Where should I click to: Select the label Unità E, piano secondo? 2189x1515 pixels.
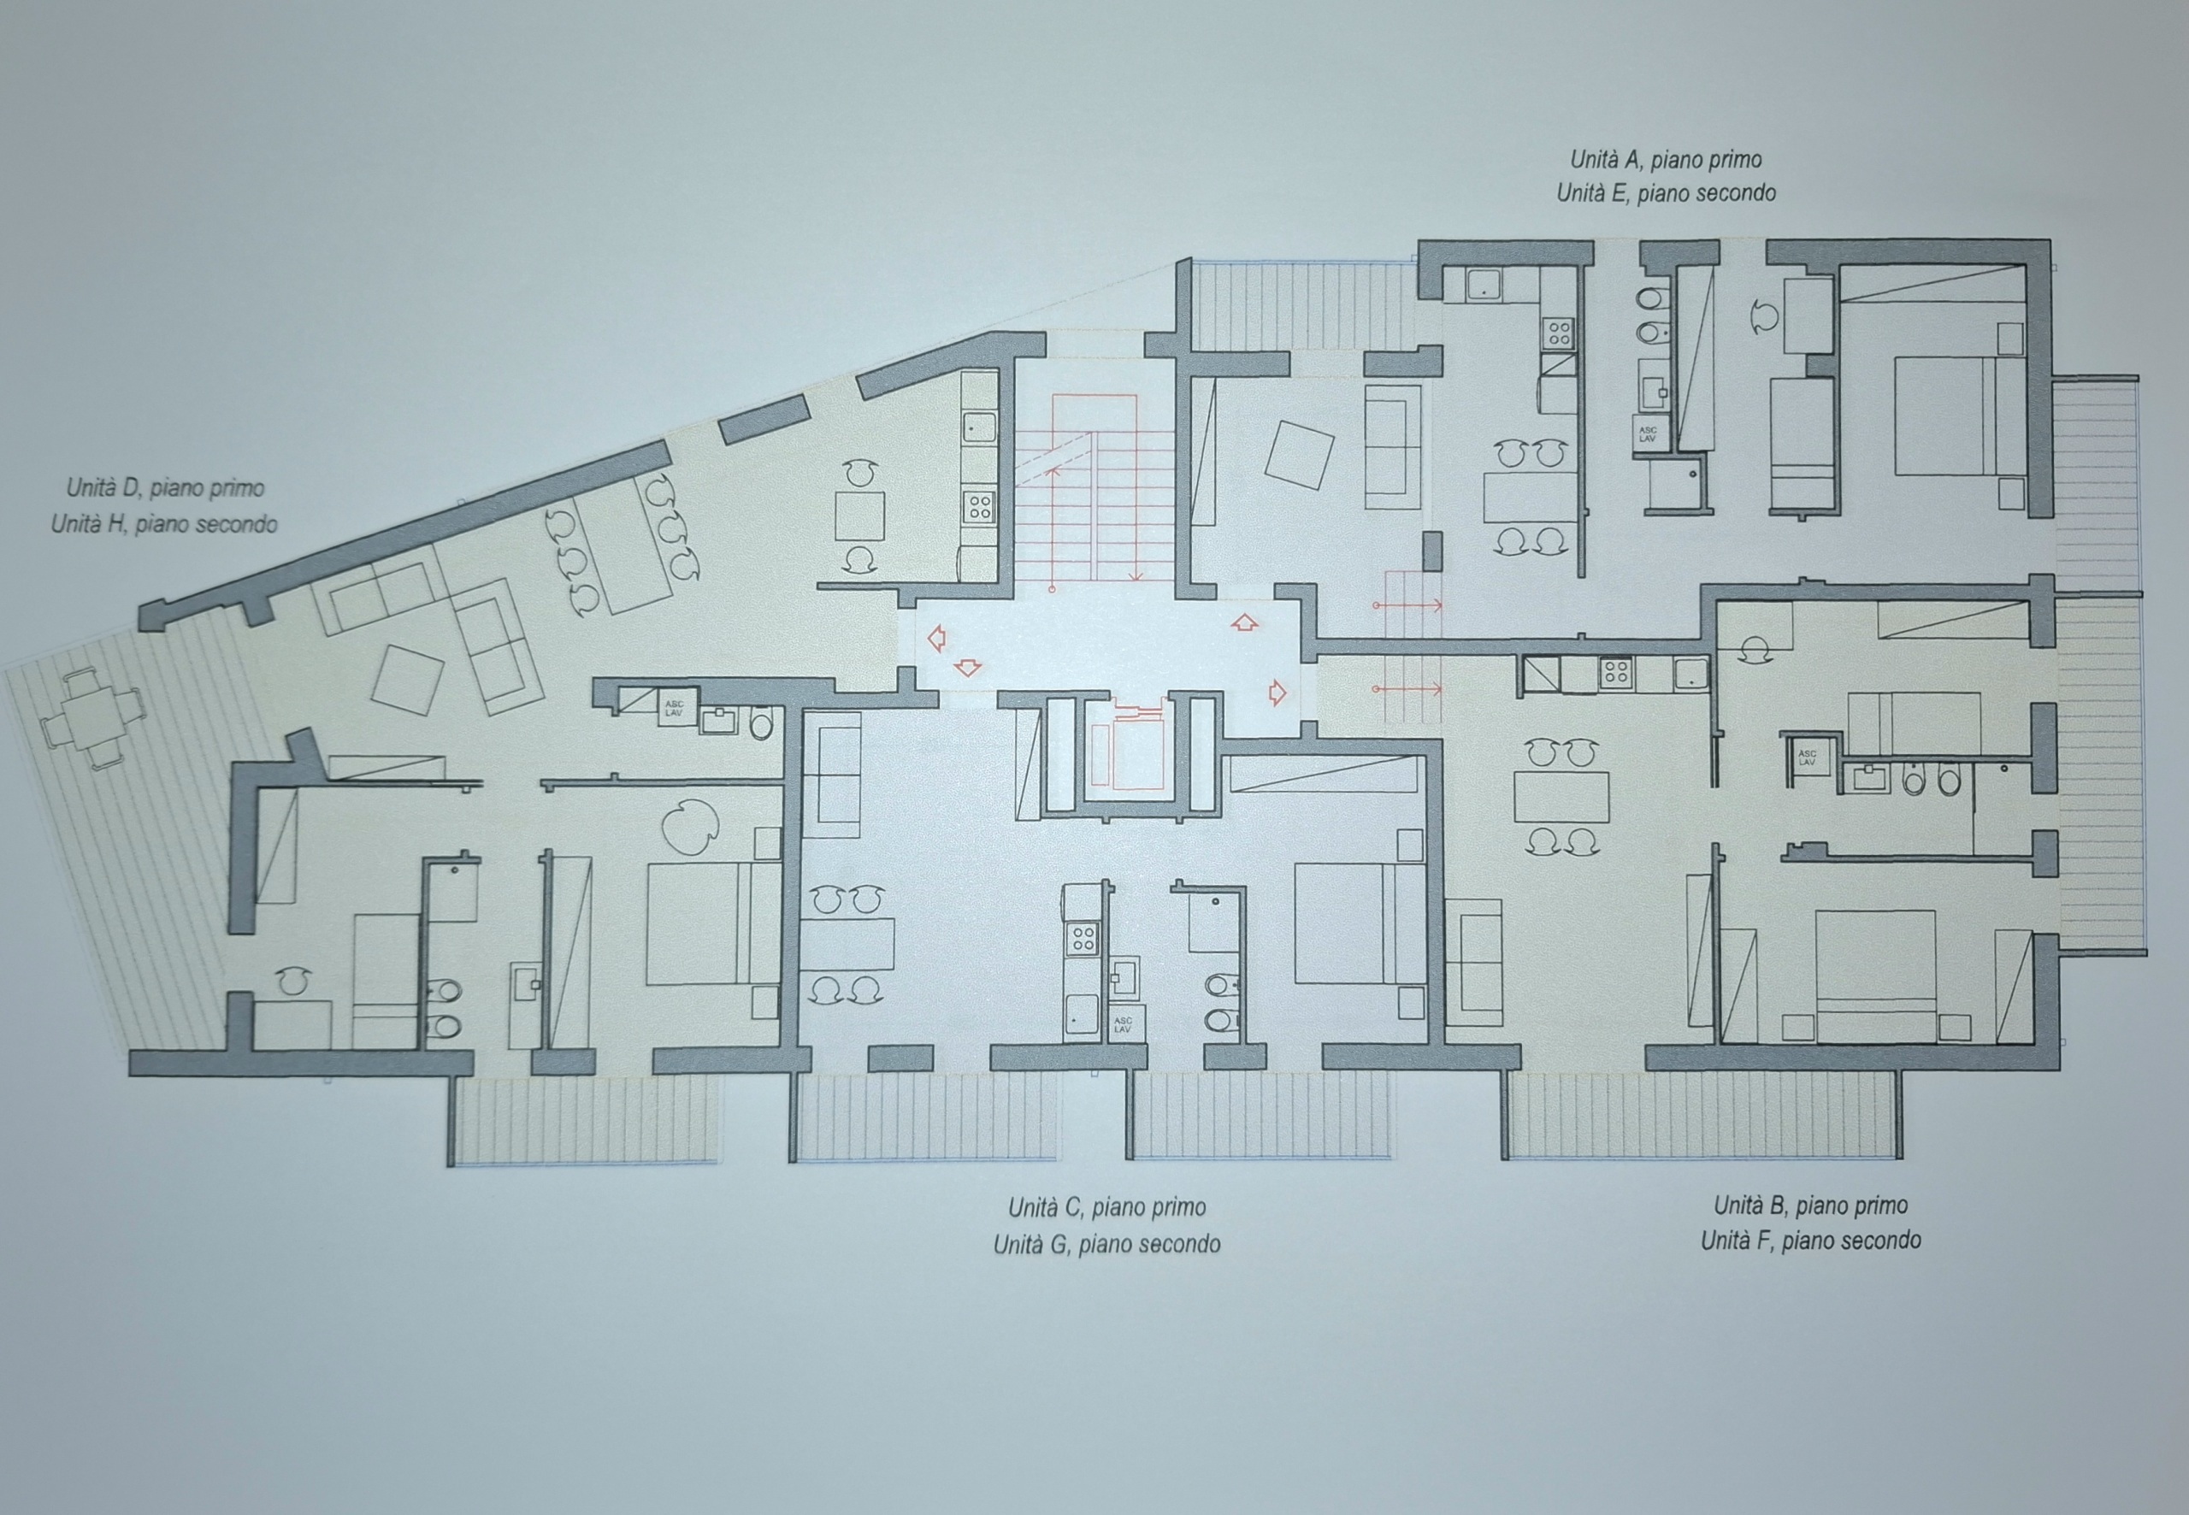click(x=1666, y=192)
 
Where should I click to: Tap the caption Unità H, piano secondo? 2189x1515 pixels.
click(x=164, y=523)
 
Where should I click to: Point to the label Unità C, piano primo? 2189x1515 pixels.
click(x=1106, y=1207)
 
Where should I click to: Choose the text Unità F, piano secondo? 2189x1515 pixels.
click(x=1811, y=1240)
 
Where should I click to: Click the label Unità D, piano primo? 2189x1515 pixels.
click(x=165, y=489)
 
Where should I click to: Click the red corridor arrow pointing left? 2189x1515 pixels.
click(x=936, y=639)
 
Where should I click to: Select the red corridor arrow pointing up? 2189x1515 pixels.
click(x=1243, y=622)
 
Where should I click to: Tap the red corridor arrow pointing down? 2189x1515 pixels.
click(x=966, y=669)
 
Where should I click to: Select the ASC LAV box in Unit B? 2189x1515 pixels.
click(x=1807, y=757)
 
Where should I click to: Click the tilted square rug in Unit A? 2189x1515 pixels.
click(x=1300, y=455)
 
